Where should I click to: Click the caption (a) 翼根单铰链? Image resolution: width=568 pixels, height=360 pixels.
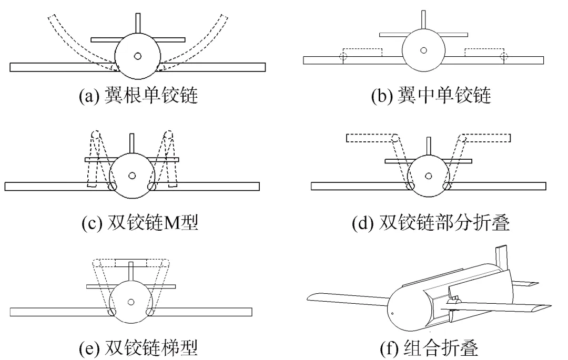tap(138, 96)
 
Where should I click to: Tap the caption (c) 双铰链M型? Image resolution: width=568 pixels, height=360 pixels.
tap(139, 223)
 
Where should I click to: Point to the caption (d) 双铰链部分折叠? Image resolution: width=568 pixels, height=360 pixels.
tap(431, 223)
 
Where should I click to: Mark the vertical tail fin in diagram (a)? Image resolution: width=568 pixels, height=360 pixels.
tap(138, 24)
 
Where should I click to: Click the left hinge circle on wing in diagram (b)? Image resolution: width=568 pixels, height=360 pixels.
tap(342, 56)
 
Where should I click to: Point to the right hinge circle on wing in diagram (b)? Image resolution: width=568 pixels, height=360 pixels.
tap(504, 56)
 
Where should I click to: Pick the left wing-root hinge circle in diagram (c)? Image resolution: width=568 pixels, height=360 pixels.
tap(112, 186)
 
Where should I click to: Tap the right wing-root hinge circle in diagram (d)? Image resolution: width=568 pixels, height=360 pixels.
tap(447, 186)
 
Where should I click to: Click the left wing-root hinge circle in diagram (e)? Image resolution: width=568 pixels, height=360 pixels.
tap(112, 312)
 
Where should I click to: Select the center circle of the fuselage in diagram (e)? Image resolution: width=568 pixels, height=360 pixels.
tap(131, 301)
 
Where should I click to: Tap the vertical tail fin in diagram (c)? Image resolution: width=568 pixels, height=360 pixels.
tap(131, 144)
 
